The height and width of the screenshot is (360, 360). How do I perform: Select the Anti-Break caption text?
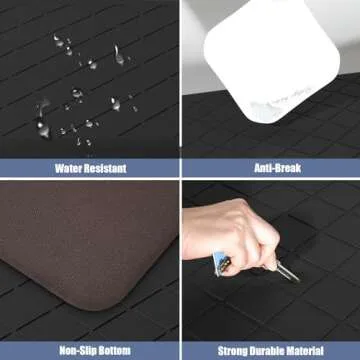click(269, 168)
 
